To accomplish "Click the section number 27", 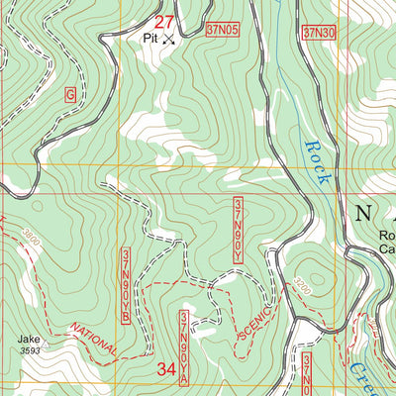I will pos(165,21).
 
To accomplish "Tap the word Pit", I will pos(149,38).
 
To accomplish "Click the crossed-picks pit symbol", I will pos(168,40).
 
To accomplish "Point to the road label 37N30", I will pos(318,33).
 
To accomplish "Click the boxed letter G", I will pos(69,94).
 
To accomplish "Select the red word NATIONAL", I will pos(94,337).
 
